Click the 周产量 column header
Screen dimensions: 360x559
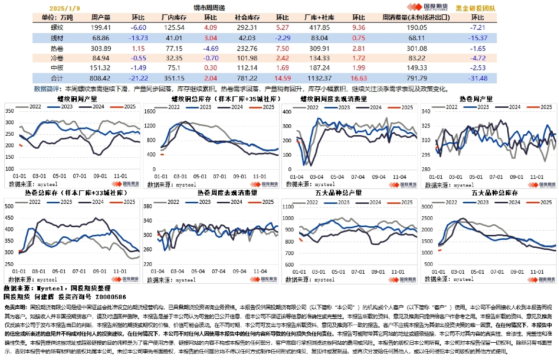[x=101, y=18]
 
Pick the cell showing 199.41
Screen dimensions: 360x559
[x=101, y=27]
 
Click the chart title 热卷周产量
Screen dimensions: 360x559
[x=476, y=99]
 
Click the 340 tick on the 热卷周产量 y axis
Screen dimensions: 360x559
[x=425, y=111]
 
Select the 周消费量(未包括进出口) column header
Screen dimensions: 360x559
[x=416, y=18]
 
